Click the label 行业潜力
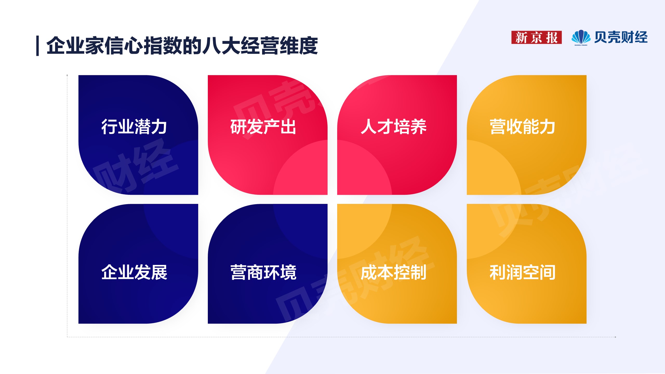coord(134,127)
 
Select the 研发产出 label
coord(263,127)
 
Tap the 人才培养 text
coord(394,127)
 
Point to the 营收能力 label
coord(523,127)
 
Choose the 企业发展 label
coord(134,272)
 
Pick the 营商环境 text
coord(263,272)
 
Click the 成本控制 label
coord(394,272)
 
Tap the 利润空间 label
coord(523,272)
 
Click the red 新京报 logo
coord(536,37)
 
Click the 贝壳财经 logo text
coord(621,37)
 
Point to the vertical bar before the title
coord(38,46)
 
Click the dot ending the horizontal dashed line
coord(615,337)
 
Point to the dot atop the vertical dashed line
coord(67,75)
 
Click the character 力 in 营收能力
coord(548,127)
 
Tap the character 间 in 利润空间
coord(548,272)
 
